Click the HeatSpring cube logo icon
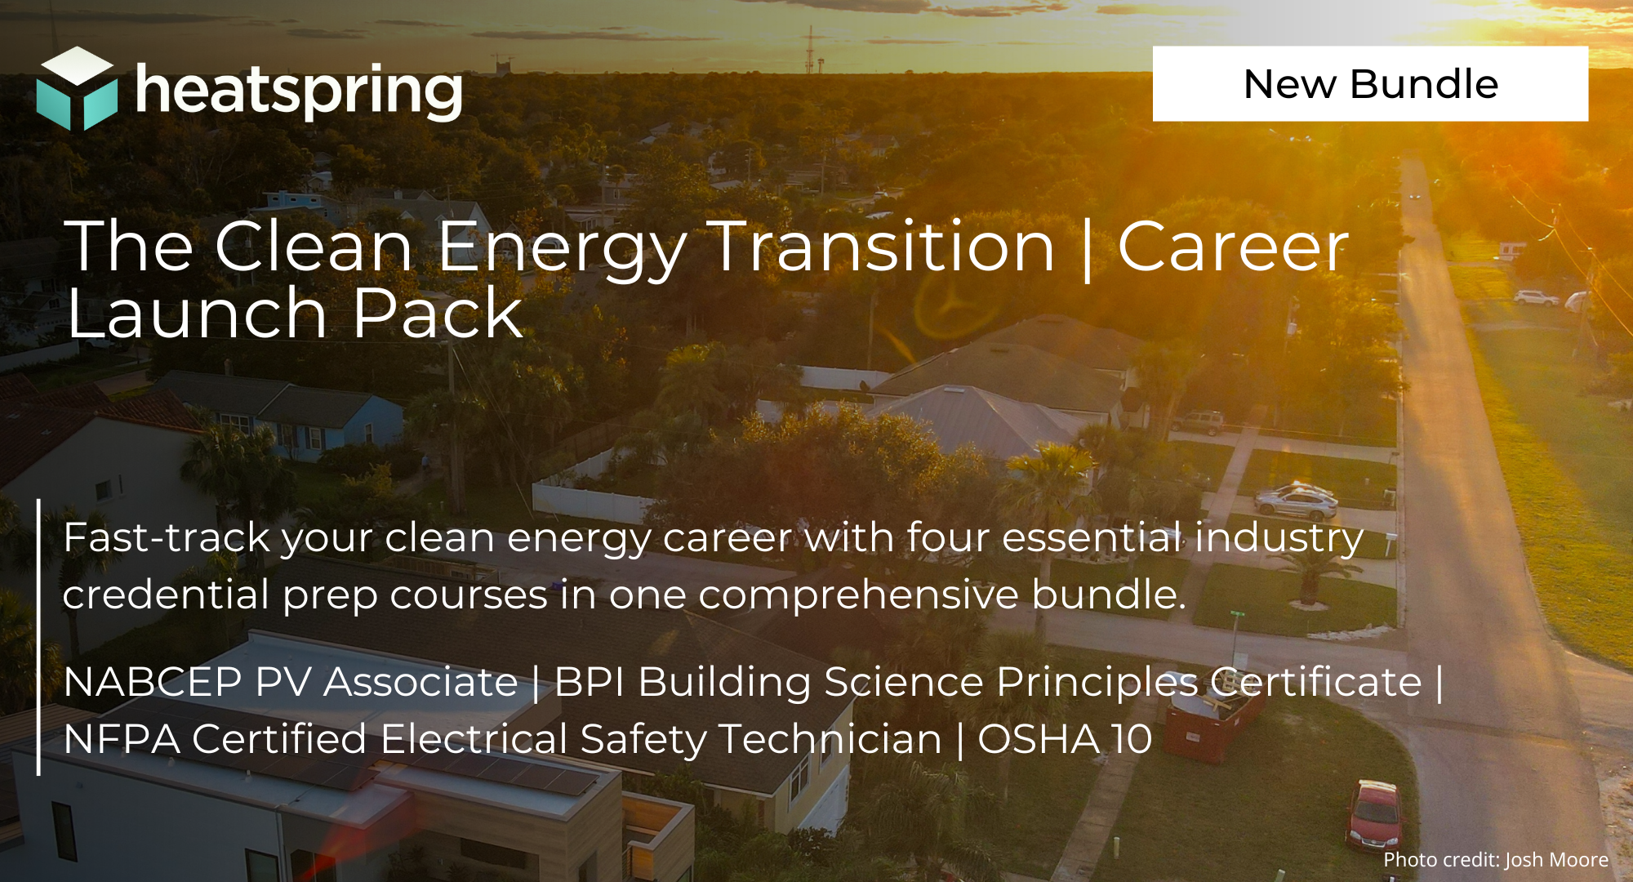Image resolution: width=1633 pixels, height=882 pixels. click(77, 88)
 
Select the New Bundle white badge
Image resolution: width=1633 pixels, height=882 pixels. click(1370, 83)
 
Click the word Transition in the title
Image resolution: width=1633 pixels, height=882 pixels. click(883, 246)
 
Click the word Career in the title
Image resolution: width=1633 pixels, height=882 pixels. click(1233, 246)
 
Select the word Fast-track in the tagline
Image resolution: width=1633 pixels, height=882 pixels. click(167, 537)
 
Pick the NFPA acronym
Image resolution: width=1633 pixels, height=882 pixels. click(122, 739)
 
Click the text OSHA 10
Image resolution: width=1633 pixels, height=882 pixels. click(1065, 739)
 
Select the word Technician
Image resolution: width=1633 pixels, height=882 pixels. click(830, 739)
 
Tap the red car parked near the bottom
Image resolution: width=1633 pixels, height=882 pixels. click(1373, 813)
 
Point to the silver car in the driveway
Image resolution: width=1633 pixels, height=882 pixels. click(1296, 499)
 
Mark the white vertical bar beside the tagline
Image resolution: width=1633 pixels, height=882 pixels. click(38, 637)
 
